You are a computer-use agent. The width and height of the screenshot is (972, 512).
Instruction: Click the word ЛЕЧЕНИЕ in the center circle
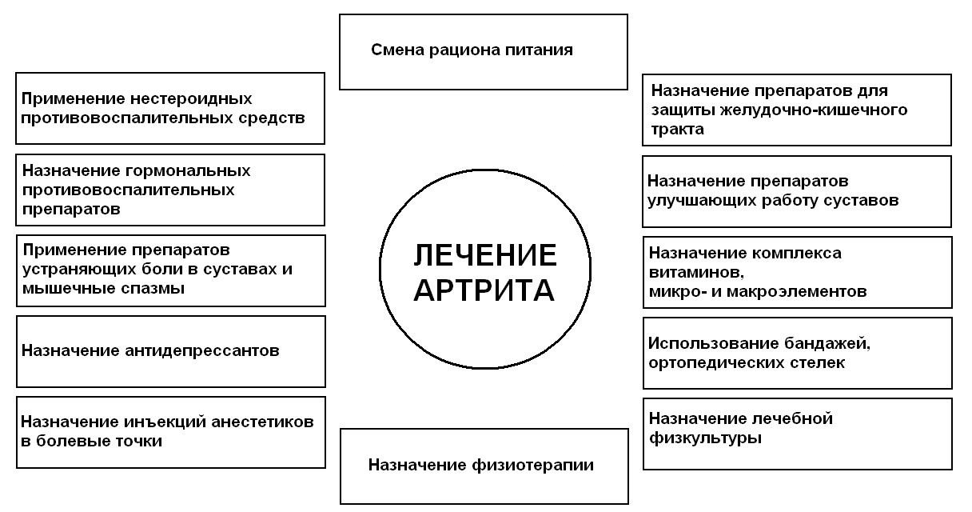(484, 255)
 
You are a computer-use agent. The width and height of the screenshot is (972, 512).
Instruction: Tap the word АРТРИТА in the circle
(484, 290)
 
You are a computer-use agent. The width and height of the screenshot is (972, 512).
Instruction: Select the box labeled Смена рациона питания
(483, 51)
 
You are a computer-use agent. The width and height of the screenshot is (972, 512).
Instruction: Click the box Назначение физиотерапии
(484, 466)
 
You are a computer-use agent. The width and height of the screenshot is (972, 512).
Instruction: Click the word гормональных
(189, 171)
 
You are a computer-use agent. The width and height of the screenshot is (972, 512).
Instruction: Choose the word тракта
(677, 130)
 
